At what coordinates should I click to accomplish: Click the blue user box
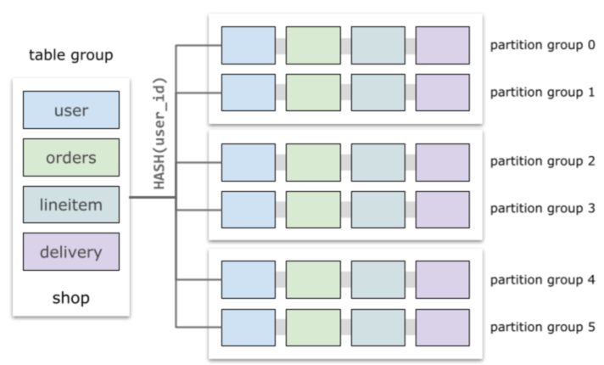tap(70, 110)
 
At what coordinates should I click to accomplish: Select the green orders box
tap(70, 157)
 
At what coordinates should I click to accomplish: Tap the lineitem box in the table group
tap(70, 205)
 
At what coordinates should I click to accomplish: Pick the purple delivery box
tap(70, 251)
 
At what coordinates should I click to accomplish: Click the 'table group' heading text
tap(71, 56)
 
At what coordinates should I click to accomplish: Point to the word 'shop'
tap(70, 298)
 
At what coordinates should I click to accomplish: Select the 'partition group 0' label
tap(537, 45)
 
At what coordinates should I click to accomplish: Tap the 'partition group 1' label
tap(537, 93)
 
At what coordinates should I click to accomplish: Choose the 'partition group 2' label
tap(537, 162)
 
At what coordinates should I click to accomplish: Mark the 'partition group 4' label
tap(537, 279)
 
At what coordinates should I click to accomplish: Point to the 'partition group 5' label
tap(537, 327)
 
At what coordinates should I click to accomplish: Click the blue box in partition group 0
tap(248, 45)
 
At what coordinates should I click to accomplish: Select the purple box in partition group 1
tap(442, 93)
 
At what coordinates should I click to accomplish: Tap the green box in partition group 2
tap(313, 162)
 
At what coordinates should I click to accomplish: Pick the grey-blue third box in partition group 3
tap(377, 210)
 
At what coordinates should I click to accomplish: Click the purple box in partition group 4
tap(442, 279)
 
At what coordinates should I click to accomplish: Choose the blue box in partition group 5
tap(248, 327)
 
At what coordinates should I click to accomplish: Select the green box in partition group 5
tap(313, 327)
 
